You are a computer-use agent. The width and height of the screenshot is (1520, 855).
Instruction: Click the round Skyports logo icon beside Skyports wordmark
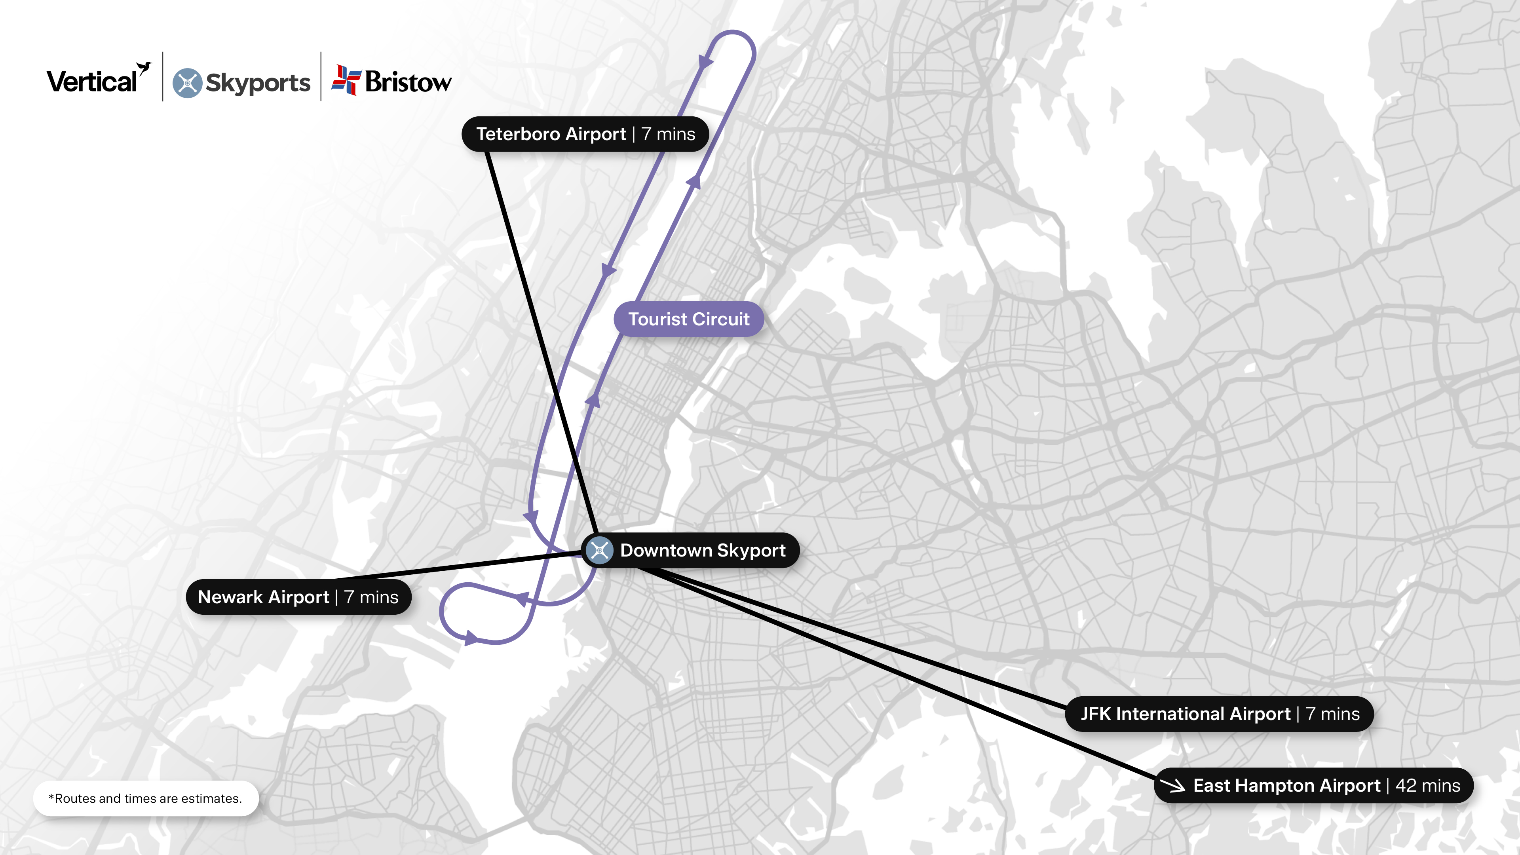[187, 83]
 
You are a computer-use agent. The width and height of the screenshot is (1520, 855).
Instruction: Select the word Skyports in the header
[258, 83]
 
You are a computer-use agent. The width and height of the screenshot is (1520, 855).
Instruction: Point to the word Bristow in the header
[408, 82]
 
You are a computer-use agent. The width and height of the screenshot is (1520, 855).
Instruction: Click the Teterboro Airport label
[551, 134]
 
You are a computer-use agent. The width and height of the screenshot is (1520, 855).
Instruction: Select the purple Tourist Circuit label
[689, 319]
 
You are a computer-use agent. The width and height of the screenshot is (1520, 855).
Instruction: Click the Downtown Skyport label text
[702, 551]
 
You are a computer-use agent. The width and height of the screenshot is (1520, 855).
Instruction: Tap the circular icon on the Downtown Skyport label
[600, 551]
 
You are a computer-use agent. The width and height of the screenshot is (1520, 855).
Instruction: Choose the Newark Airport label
[263, 597]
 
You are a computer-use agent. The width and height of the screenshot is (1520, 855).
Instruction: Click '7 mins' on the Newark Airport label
[371, 597]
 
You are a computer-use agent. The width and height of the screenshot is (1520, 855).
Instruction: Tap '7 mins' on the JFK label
[1332, 714]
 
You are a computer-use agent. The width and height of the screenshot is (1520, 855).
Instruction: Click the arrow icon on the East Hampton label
[1172, 785]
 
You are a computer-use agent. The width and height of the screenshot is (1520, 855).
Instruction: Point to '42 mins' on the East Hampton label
[1427, 785]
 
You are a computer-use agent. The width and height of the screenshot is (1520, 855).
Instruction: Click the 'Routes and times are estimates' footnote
[145, 798]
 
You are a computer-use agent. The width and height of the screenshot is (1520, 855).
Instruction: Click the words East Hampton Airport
[1286, 785]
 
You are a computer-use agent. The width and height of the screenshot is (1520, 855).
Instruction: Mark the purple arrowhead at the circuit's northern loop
[705, 61]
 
